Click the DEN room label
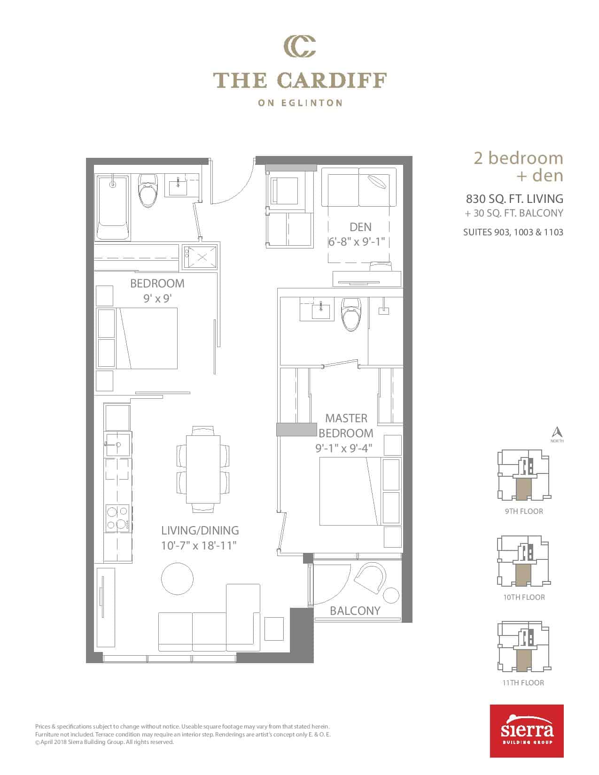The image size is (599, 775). [x=360, y=227]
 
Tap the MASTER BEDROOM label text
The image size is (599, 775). [x=346, y=426]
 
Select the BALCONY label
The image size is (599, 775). [x=355, y=611]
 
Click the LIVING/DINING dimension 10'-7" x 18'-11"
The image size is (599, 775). [x=199, y=545]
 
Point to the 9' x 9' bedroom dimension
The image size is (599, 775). [x=157, y=298]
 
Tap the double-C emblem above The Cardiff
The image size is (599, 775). [x=300, y=46]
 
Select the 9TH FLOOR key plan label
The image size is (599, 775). [x=524, y=511]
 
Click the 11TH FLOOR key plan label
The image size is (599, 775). [x=523, y=682]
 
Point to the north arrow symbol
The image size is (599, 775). [x=557, y=432]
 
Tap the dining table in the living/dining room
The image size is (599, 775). [x=203, y=469]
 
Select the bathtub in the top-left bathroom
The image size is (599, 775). [x=112, y=207]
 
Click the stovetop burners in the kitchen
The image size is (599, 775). [x=117, y=518]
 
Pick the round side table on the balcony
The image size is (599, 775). [x=391, y=595]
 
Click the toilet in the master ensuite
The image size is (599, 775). [x=351, y=314]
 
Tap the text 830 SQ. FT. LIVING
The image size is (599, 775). [x=514, y=198]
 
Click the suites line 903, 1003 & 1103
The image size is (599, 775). [x=513, y=232]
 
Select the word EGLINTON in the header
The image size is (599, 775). [x=312, y=103]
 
